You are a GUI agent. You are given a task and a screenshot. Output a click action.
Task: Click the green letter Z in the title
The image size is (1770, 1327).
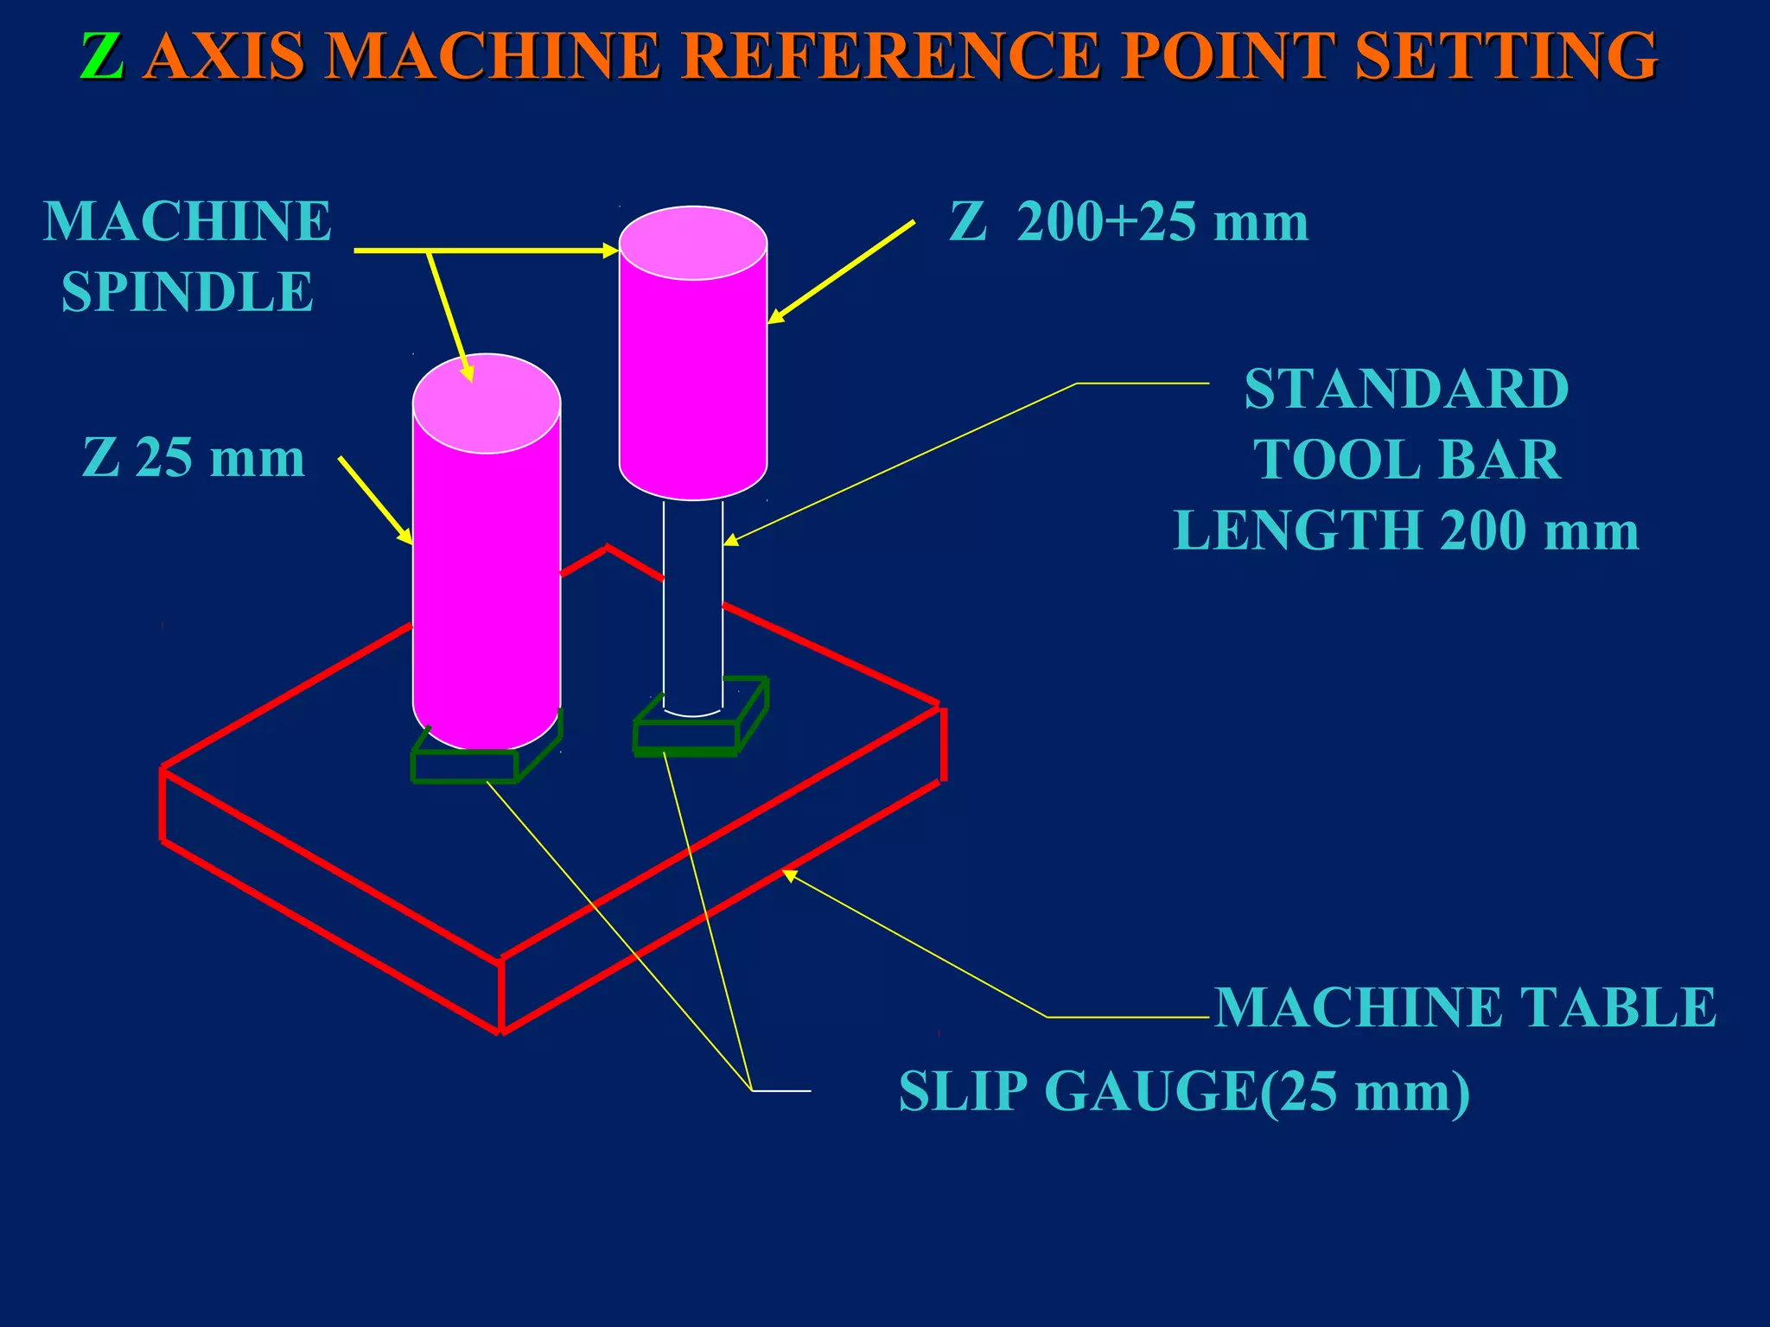pyautogui.click(x=102, y=57)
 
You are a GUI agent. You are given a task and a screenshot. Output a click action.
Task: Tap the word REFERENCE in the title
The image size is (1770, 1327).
pyautogui.click(x=892, y=57)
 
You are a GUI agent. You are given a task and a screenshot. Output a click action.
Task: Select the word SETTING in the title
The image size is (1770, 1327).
pyautogui.click(x=1506, y=57)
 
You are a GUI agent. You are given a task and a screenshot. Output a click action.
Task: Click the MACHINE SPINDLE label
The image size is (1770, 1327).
pyautogui.click(x=188, y=256)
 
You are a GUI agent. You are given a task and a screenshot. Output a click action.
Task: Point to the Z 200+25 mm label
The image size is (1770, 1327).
pyautogui.click(x=1129, y=222)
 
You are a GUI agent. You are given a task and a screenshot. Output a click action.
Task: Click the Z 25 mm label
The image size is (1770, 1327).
pyautogui.click(x=194, y=457)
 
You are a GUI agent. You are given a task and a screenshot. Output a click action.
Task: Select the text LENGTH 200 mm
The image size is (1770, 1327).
pyautogui.click(x=1406, y=530)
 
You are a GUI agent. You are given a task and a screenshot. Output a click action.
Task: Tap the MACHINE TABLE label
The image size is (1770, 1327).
pyautogui.click(x=1465, y=1007)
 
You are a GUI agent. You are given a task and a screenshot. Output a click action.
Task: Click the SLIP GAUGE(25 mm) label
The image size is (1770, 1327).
pyautogui.click(x=1184, y=1091)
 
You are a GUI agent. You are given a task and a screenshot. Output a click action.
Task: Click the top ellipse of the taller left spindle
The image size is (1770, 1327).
pyautogui.click(x=487, y=403)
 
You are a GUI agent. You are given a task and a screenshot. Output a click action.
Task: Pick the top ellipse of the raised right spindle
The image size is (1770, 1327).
pyautogui.click(x=693, y=243)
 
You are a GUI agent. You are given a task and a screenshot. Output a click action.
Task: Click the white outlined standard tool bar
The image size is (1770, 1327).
pyautogui.click(x=693, y=605)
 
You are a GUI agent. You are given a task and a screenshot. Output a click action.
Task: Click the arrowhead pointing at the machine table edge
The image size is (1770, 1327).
pyautogui.click(x=788, y=875)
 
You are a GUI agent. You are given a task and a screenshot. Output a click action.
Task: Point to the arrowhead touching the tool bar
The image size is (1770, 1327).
pyautogui.click(x=729, y=541)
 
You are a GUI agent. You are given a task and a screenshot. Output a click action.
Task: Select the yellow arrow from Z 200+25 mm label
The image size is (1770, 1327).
pyautogui.click(x=840, y=272)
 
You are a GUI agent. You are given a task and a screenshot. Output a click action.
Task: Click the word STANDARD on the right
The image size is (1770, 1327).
pyautogui.click(x=1406, y=389)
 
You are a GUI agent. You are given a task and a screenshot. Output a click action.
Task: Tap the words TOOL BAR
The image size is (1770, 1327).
pyautogui.click(x=1406, y=459)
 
